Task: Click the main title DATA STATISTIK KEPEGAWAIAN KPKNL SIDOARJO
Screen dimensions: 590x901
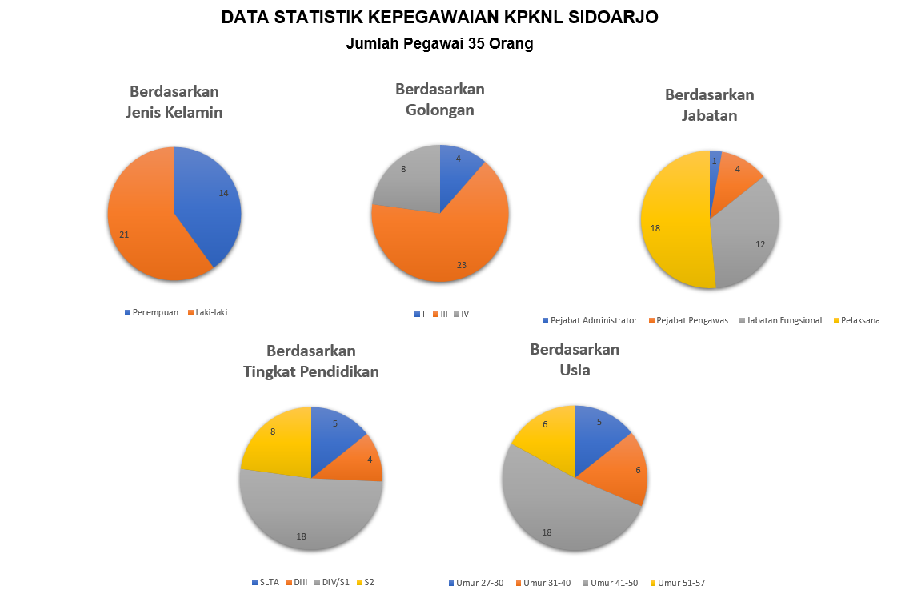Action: (439, 17)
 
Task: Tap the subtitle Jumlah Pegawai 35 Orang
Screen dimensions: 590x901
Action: (439, 44)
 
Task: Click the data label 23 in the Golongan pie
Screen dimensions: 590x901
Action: (462, 265)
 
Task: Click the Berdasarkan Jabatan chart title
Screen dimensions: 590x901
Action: (709, 105)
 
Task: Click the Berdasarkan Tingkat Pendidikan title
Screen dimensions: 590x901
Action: (311, 361)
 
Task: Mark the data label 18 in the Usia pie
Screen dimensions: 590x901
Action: (547, 532)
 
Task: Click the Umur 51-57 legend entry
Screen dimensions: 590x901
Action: (681, 583)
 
